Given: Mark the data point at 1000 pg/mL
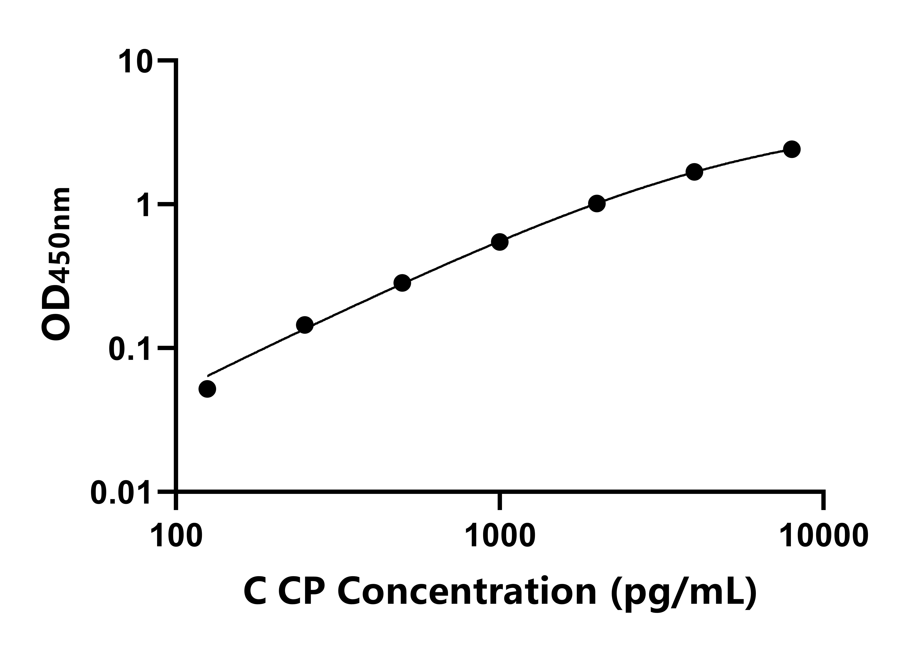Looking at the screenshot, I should pos(500,242).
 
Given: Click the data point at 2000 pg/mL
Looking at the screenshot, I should pos(597,204).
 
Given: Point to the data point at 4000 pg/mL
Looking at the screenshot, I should pos(694,172).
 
